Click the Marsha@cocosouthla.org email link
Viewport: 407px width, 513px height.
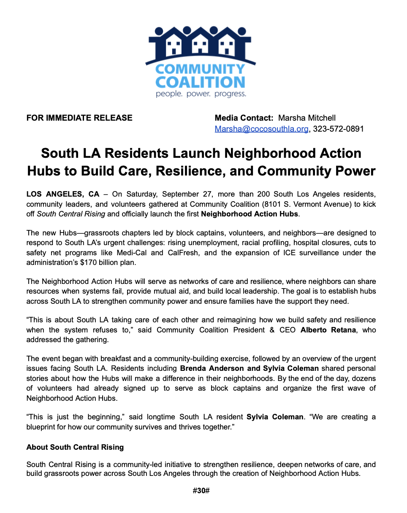[x=261, y=129]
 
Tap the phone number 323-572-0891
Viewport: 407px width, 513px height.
[x=338, y=129]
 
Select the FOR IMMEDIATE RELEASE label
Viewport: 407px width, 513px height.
[x=79, y=118]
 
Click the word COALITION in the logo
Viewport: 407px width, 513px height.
[x=200, y=81]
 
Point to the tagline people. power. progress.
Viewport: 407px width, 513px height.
[x=201, y=94]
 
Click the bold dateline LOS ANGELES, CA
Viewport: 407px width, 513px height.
[x=63, y=194]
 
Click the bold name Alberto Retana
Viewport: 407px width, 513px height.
[x=327, y=330]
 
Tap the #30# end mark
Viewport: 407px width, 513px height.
[x=201, y=491]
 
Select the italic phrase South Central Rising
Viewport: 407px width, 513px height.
[x=71, y=214]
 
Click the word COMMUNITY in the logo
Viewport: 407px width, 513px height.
[x=200, y=69]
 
